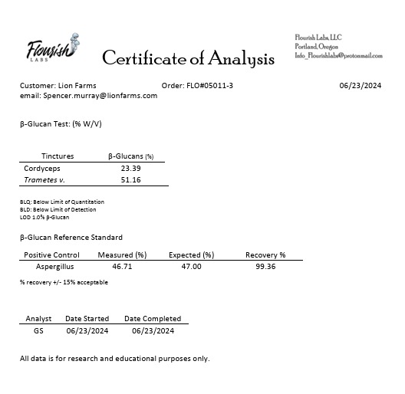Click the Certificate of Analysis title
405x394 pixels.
point(188,58)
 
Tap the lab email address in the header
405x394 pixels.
point(338,55)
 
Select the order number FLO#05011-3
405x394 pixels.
point(210,85)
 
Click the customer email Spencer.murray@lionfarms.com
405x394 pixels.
point(88,96)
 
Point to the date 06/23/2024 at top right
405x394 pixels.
point(360,85)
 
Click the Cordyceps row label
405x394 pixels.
point(43,168)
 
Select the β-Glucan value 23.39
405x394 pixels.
point(130,168)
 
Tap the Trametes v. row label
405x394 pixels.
point(44,179)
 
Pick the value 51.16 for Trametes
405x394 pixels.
point(130,179)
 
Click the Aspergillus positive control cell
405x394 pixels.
point(55,266)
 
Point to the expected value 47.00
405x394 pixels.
point(191,266)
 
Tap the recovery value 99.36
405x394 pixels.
point(265,266)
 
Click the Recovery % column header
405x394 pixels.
point(265,254)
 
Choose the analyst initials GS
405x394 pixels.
point(38,330)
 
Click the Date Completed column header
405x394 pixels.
point(153,318)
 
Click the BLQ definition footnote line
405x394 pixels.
point(62,202)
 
